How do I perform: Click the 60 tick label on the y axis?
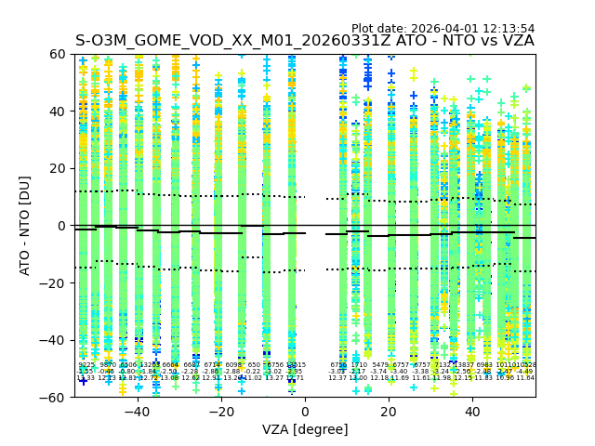(58, 54)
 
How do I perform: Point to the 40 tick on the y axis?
(58, 111)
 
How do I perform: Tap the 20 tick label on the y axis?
(58, 168)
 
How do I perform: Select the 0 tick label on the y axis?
(61, 226)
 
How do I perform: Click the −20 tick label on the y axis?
(54, 282)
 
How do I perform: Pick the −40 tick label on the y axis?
(54, 340)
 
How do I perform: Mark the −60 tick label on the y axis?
(54, 397)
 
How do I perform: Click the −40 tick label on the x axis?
(137, 411)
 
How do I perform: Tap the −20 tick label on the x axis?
(220, 411)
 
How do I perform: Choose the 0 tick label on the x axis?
(305, 411)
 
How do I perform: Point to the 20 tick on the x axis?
(389, 411)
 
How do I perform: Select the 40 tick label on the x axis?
(472, 411)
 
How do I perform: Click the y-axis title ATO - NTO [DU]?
(25, 225)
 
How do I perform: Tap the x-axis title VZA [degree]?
(305, 429)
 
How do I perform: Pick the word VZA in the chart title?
(516, 41)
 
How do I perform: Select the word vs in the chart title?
(484, 41)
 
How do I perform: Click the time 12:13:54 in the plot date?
(507, 29)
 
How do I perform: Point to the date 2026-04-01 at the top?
(443, 29)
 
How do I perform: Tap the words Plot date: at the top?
(379, 29)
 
